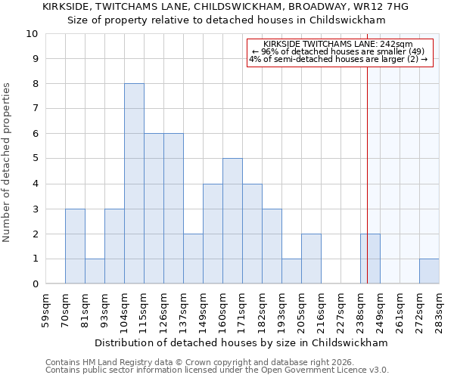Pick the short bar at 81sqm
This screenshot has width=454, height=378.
[95, 271]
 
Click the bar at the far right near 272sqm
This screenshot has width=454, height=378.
[429, 271]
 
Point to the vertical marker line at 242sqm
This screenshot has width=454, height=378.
[367, 174]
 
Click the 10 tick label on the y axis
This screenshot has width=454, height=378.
[31, 34]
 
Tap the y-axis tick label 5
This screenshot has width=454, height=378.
[34, 159]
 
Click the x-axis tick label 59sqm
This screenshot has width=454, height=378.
[46, 311]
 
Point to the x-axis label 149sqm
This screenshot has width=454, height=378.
[204, 311]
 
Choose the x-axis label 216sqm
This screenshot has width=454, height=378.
[322, 311]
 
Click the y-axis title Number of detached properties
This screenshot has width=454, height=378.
[8, 163]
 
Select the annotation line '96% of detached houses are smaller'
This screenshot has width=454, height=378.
[338, 51]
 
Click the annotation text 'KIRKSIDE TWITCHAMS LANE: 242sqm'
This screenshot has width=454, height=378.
[338, 45]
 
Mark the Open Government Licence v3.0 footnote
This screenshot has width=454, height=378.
[217, 370]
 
